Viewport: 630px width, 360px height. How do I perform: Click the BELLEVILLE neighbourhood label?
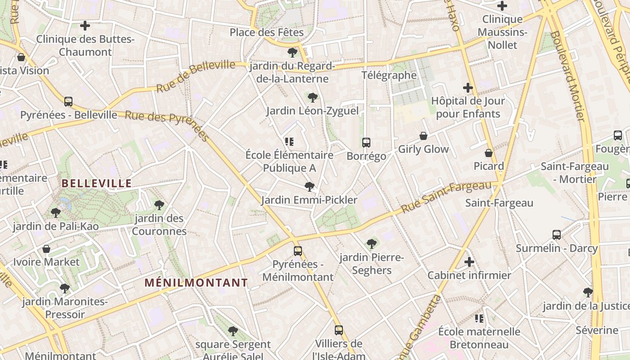click(x=96, y=183)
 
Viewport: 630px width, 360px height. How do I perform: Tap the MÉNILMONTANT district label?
click(x=196, y=283)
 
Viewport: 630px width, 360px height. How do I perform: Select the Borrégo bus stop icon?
click(x=366, y=143)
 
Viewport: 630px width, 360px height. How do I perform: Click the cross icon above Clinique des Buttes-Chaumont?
click(x=85, y=26)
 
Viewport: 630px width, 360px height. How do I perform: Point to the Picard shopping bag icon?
click(x=489, y=153)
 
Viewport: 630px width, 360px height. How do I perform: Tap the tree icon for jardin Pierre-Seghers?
click(x=372, y=244)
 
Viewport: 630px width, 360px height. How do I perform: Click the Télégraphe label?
click(x=389, y=75)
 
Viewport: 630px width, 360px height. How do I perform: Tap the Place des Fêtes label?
click(x=267, y=32)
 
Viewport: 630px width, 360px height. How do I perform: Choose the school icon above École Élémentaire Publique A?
click(x=289, y=142)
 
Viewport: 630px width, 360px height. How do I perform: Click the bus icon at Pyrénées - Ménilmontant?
click(x=298, y=251)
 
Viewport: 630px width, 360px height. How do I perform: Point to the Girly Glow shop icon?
click(x=423, y=136)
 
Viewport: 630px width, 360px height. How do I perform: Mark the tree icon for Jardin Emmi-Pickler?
click(x=309, y=186)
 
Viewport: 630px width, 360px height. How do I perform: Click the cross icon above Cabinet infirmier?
click(x=469, y=261)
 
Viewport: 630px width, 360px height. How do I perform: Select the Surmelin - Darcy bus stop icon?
click(x=557, y=234)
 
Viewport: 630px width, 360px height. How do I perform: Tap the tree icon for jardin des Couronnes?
click(x=159, y=205)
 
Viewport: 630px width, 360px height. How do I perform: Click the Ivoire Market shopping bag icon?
click(x=46, y=248)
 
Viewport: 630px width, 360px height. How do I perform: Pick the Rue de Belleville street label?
click(x=196, y=76)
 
